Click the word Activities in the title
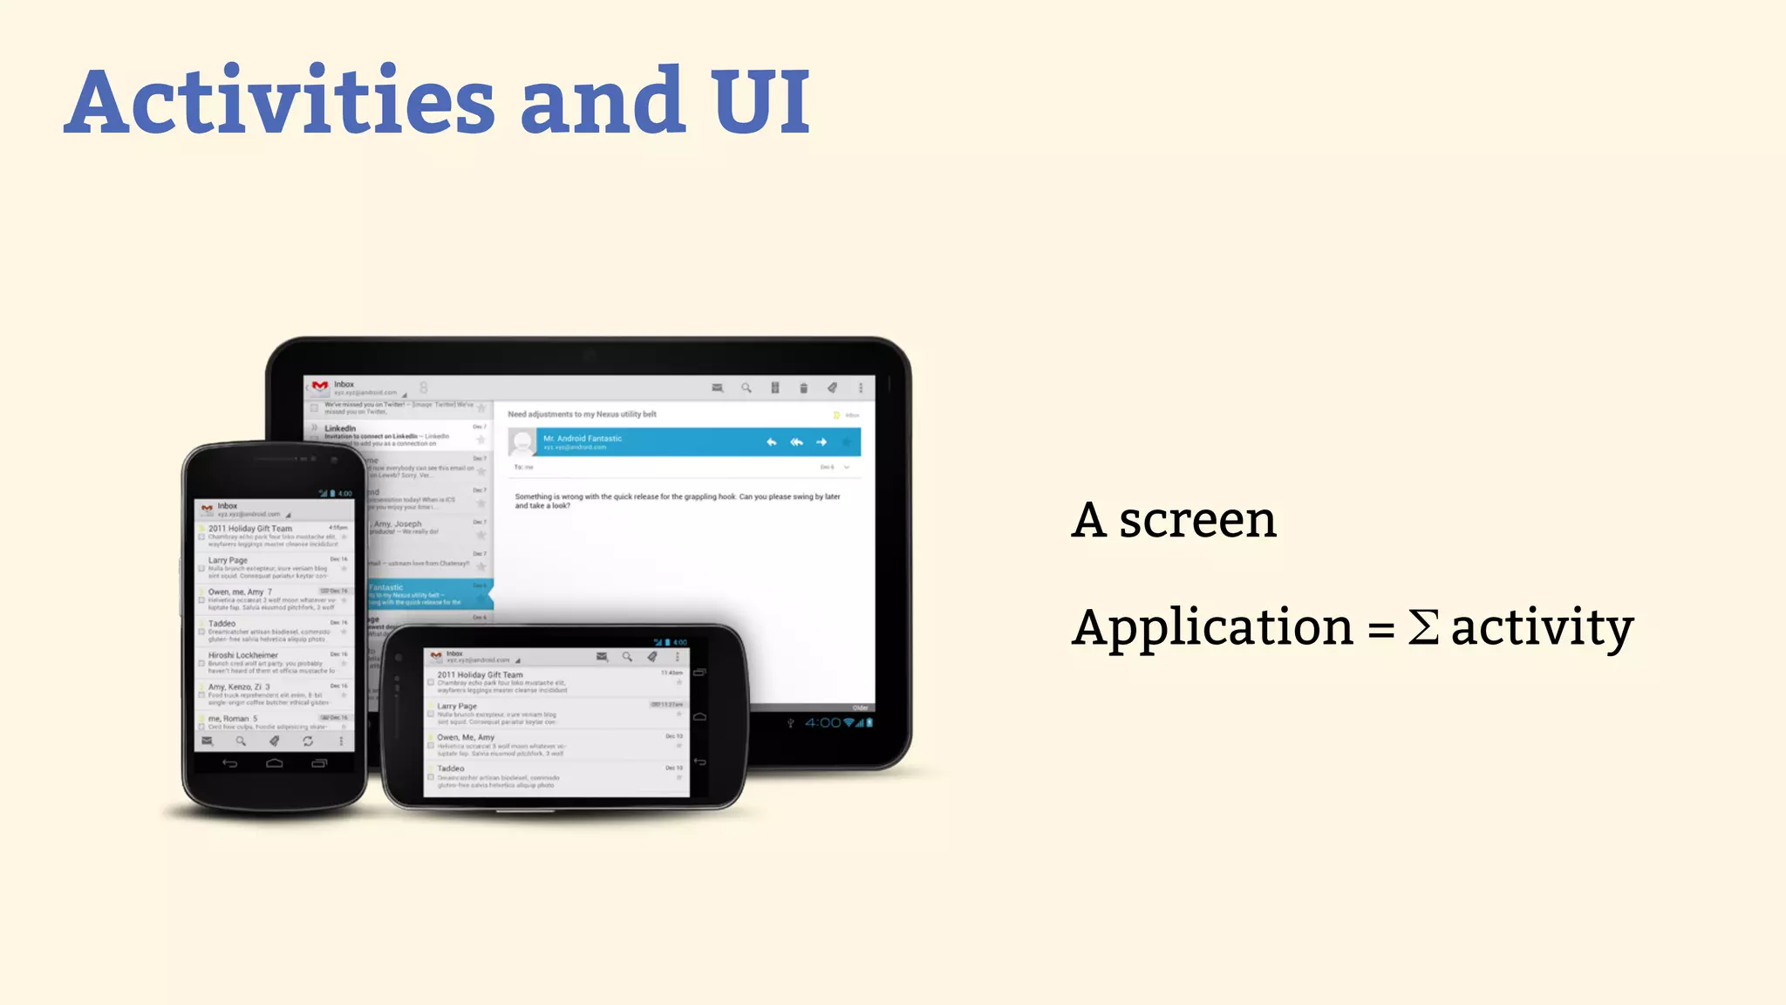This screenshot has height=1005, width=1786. click(x=280, y=102)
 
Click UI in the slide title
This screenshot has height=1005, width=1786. click(x=760, y=102)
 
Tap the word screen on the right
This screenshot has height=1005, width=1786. click(x=1197, y=521)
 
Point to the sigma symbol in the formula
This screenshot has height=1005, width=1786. click(x=1423, y=627)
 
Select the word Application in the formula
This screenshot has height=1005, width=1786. click(x=1212, y=629)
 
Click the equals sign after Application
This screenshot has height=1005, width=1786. click(x=1380, y=629)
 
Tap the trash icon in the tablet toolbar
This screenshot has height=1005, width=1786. click(x=803, y=388)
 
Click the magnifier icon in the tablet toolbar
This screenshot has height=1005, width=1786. click(x=746, y=388)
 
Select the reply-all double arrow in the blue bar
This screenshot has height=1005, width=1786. click(x=796, y=442)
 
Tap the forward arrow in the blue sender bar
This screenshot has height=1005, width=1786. click(x=821, y=442)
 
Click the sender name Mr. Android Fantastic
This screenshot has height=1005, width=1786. click(x=583, y=438)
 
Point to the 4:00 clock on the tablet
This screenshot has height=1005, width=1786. click(x=822, y=722)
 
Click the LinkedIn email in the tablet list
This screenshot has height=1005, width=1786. click(x=340, y=428)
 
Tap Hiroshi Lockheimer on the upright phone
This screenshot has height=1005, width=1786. click(x=243, y=655)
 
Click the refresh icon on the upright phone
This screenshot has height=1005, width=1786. click(x=308, y=741)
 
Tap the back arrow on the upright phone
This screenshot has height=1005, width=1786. click(x=229, y=763)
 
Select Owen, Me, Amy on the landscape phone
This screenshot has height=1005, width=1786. click(x=466, y=737)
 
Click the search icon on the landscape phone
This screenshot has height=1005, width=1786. click(x=627, y=657)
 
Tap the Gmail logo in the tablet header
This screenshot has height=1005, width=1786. click(x=320, y=386)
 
